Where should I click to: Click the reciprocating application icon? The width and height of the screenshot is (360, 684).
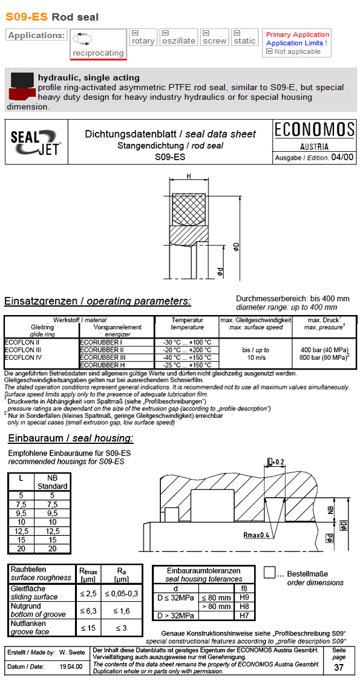click(x=82, y=39)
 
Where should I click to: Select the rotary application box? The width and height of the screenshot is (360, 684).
click(x=143, y=37)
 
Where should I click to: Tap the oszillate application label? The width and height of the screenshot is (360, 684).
click(x=179, y=41)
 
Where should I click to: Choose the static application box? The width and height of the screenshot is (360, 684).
click(x=245, y=37)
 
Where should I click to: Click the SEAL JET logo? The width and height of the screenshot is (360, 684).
click(x=36, y=142)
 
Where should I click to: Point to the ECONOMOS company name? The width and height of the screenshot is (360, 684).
click(x=315, y=130)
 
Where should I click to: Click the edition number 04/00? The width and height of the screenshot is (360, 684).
click(x=343, y=157)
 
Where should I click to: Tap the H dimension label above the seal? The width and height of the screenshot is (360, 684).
click(x=189, y=176)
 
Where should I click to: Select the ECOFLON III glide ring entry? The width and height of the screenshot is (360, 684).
click(x=23, y=350)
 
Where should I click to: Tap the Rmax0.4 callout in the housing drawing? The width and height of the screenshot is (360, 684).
click(x=256, y=535)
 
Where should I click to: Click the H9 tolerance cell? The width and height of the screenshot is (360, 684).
click(x=244, y=597)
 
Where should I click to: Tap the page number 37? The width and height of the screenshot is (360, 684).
click(x=340, y=667)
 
